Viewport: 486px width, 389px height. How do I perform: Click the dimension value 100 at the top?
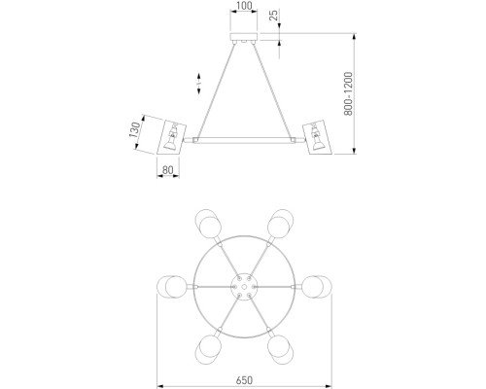tap(243, 7)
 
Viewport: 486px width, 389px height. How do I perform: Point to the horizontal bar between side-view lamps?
tap(243, 141)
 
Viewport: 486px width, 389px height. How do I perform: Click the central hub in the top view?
tap(243, 285)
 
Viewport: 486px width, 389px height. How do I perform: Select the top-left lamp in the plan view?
tap(206, 223)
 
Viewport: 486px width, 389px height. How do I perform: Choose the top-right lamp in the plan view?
tap(281, 223)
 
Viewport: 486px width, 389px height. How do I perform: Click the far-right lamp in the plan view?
tap(318, 288)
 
